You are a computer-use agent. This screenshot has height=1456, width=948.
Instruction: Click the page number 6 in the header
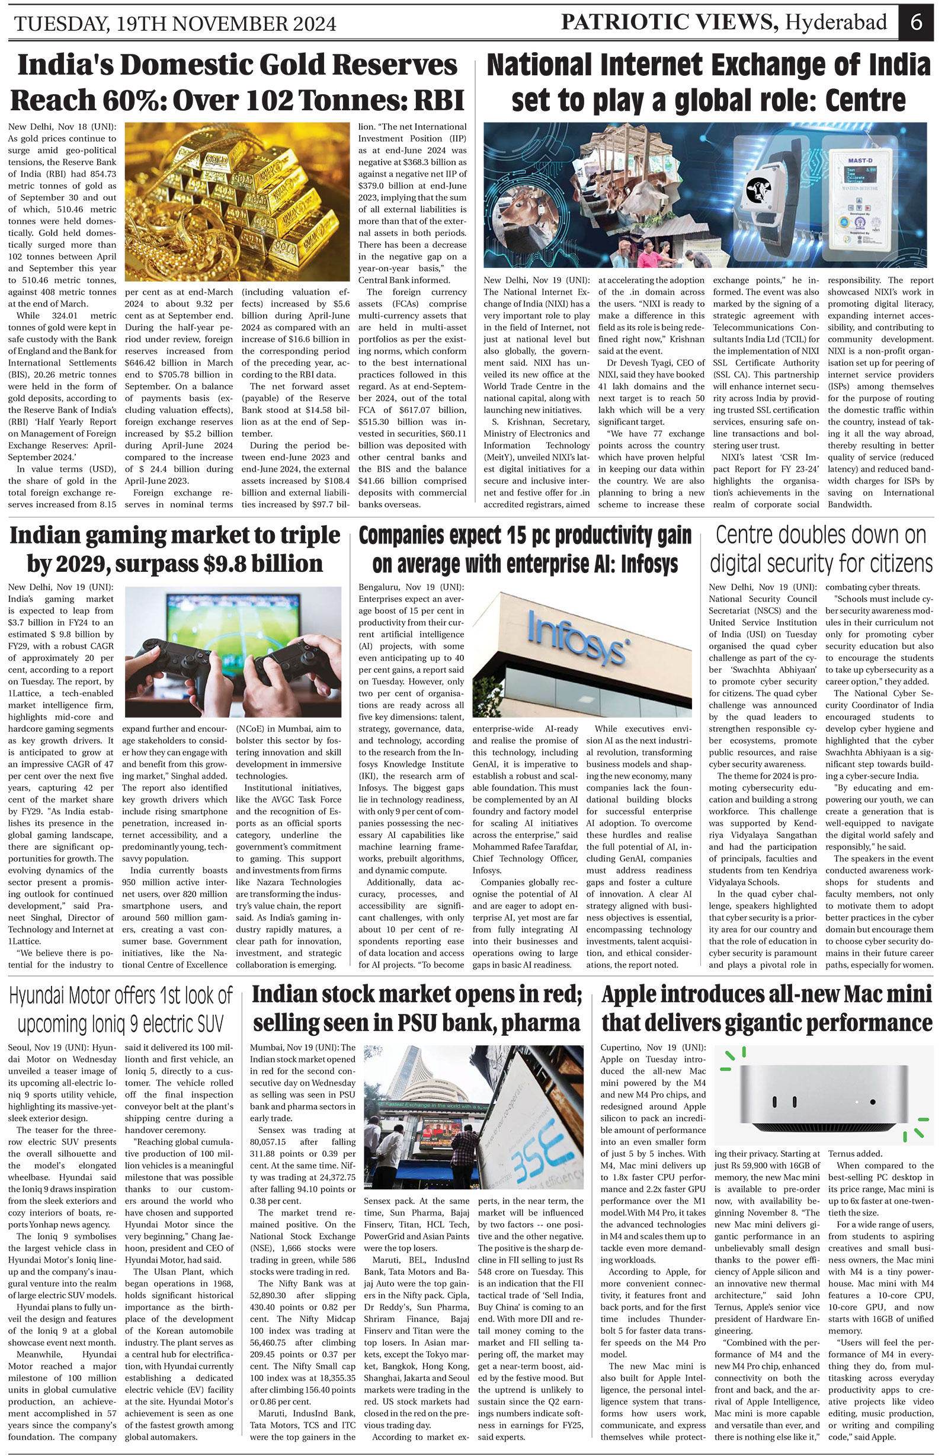(915, 23)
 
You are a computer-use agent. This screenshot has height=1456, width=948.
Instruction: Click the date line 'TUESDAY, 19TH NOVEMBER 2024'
(175, 24)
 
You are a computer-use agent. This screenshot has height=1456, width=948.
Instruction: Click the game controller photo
(233, 651)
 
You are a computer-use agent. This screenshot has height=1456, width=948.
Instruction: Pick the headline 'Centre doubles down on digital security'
(821, 549)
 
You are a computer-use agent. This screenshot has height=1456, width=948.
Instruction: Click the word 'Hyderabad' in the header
(836, 23)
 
